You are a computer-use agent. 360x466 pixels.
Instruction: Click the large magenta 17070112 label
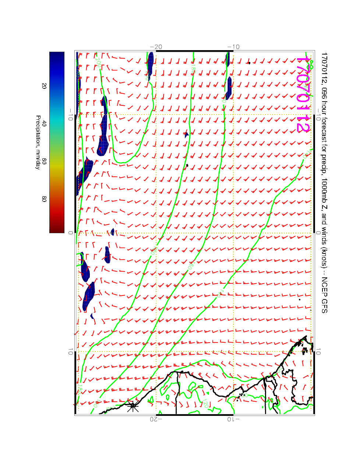tap(303, 94)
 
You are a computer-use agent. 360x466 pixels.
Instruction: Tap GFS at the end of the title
tap(324, 305)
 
